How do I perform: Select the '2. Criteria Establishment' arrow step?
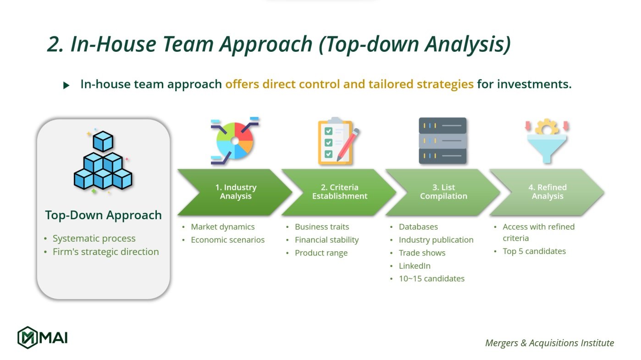tap(339, 192)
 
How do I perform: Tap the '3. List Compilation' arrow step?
tap(443, 192)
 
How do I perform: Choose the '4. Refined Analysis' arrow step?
tap(547, 192)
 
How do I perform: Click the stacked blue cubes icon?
tap(103, 161)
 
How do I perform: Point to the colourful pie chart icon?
tap(235, 141)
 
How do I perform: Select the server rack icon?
tap(442, 141)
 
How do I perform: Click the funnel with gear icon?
tap(547, 141)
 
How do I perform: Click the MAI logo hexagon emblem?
tap(27, 338)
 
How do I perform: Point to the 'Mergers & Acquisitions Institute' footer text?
tap(549, 343)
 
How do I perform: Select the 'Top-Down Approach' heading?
tap(103, 215)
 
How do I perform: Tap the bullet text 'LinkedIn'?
tap(414, 266)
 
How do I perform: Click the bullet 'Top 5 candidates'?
tap(534, 251)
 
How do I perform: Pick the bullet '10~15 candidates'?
tap(431, 278)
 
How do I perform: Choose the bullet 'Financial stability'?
tap(326, 240)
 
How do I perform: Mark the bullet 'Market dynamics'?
tap(222, 227)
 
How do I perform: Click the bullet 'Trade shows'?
tap(422, 253)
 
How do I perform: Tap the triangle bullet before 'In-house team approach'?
tap(66, 85)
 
